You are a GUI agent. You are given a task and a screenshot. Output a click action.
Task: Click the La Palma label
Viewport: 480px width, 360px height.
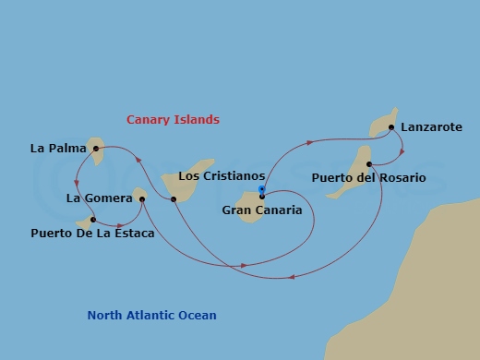(52, 148)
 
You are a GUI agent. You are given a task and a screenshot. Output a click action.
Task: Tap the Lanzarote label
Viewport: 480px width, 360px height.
(432, 127)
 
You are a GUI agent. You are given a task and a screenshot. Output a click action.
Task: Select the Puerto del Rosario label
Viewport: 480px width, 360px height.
(368, 177)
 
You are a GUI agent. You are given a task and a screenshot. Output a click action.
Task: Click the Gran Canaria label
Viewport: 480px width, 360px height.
(261, 210)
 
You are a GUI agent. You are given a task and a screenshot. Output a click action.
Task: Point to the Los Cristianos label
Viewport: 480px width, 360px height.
(221, 175)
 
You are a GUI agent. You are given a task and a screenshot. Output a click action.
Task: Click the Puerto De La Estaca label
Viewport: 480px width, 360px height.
(91, 234)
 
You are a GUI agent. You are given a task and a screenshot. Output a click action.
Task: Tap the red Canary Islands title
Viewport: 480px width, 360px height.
(173, 119)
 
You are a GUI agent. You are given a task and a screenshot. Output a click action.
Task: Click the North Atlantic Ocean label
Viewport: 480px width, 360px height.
(151, 316)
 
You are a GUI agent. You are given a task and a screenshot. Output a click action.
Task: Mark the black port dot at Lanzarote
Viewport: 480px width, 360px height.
(392, 127)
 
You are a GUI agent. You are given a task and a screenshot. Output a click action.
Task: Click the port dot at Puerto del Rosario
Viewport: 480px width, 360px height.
(369, 164)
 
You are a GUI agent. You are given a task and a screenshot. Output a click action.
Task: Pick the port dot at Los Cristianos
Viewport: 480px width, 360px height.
(174, 198)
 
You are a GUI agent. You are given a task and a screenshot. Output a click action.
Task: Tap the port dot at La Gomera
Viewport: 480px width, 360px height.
(142, 198)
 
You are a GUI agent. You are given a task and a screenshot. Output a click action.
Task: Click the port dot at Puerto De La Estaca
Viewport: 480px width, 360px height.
(93, 220)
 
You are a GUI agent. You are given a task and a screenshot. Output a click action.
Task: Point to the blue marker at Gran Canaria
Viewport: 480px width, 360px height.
(262, 191)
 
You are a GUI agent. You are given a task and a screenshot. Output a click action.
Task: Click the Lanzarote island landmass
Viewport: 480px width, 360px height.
(381, 124)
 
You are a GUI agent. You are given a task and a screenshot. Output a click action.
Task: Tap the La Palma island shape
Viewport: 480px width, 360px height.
(96, 150)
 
